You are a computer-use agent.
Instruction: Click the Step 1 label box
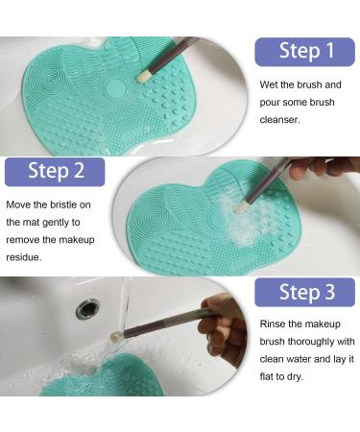(304, 52)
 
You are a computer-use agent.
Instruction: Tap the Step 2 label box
(55, 172)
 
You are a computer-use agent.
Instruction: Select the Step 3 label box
(304, 292)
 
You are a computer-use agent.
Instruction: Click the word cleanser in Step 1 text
(279, 120)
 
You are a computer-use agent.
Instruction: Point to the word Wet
(269, 84)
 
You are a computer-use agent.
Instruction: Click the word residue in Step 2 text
(24, 257)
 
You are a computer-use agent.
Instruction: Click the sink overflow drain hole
(87, 308)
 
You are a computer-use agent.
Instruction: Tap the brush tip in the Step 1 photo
(143, 77)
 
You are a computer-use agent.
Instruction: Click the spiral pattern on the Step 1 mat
(49, 79)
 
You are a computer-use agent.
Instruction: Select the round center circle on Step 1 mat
(115, 87)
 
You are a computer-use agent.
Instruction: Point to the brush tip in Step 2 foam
(239, 208)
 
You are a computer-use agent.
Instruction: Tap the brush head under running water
(116, 337)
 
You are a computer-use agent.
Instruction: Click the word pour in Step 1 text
(270, 103)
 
